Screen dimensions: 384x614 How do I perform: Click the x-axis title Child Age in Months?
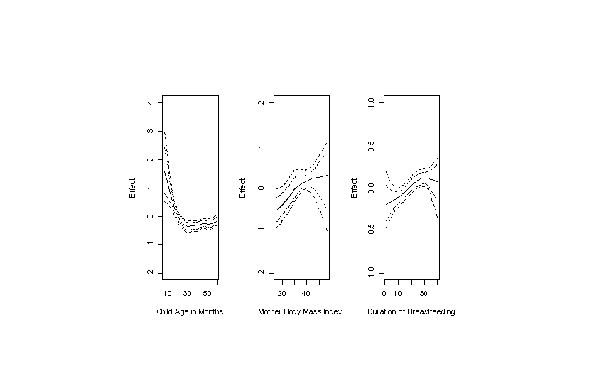click(x=190, y=312)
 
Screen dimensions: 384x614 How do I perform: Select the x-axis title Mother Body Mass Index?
click(x=300, y=312)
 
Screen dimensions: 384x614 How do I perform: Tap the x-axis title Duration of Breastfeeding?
click(x=411, y=312)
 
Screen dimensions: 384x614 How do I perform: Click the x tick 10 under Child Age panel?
click(x=168, y=292)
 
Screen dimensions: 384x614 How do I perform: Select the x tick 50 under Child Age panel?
click(x=207, y=292)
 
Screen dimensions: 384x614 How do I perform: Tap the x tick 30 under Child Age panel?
click(x=188, y=292)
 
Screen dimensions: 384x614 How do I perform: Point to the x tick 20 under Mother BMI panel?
click(x=281, y=292)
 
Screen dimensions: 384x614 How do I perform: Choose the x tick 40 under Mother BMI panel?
click(x=307, y=292)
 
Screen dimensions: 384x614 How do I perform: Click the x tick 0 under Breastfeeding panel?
click(x=384, y=292)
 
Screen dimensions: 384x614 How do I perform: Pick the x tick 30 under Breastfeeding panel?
click(x=424, y=292)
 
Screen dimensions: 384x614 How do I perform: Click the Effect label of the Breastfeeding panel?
click(x=354, y=188)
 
